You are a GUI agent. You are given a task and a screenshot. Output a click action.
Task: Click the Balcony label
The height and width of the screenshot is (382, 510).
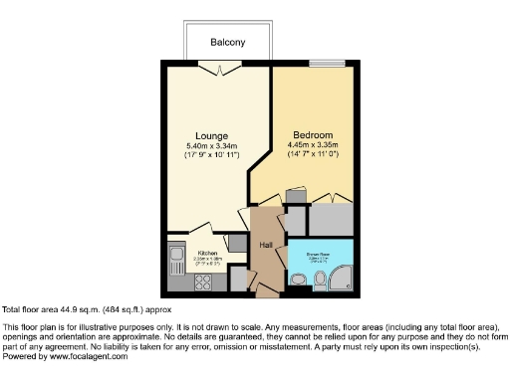227,43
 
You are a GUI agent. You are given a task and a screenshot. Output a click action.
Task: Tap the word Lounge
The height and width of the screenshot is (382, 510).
211,136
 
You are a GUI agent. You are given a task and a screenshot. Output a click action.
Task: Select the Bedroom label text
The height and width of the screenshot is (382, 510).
312,134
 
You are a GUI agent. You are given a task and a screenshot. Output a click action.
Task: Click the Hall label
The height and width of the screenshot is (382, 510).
266,244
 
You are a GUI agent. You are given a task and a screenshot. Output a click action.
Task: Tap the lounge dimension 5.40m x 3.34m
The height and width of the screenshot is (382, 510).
211,146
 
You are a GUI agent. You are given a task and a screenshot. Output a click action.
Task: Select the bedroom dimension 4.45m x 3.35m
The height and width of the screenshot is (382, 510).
312,144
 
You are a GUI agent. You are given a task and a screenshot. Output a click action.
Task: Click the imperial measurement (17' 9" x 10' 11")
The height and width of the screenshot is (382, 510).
211,156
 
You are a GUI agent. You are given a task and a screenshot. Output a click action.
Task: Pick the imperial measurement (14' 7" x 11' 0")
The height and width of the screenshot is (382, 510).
312,154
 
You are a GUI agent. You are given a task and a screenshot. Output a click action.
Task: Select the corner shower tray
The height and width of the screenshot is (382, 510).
340,278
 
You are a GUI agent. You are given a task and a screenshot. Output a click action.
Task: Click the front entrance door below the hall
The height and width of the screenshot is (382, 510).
265,289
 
